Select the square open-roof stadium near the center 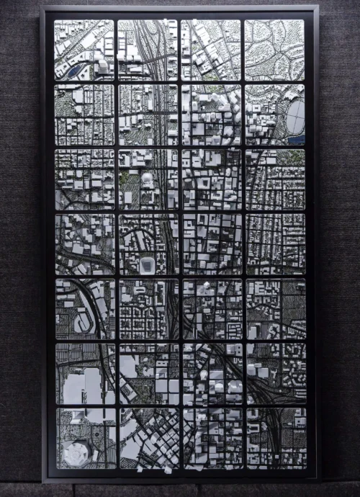click(x=147, y=265)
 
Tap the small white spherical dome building click(x=147, y=177)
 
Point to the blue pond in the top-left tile click(x=75, y=71)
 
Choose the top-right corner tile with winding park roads click(x=274, y=49)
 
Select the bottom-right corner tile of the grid click(x=276, y=438)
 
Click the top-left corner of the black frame click(x=43, y=9)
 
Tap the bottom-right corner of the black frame click(x=316, y=478)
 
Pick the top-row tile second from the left click(x=147, y=49)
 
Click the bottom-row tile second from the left click(x=148, y=438)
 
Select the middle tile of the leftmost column click(x=84, y=243)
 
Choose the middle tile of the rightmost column click(x=276, y=243)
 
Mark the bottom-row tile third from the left click(x=212, y=438)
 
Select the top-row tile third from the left click(x=211, y=49)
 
